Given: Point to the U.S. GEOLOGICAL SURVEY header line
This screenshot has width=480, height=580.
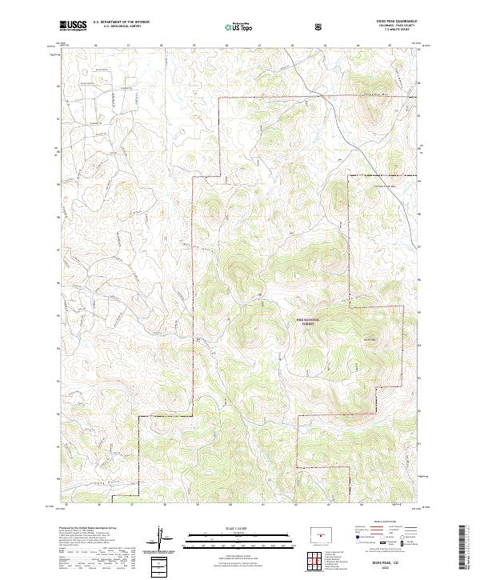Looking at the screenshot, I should coord(115,26).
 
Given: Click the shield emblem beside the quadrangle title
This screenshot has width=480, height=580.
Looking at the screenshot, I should coord(320,26).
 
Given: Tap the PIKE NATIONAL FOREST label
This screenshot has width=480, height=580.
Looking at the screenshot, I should coord(308,321).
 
